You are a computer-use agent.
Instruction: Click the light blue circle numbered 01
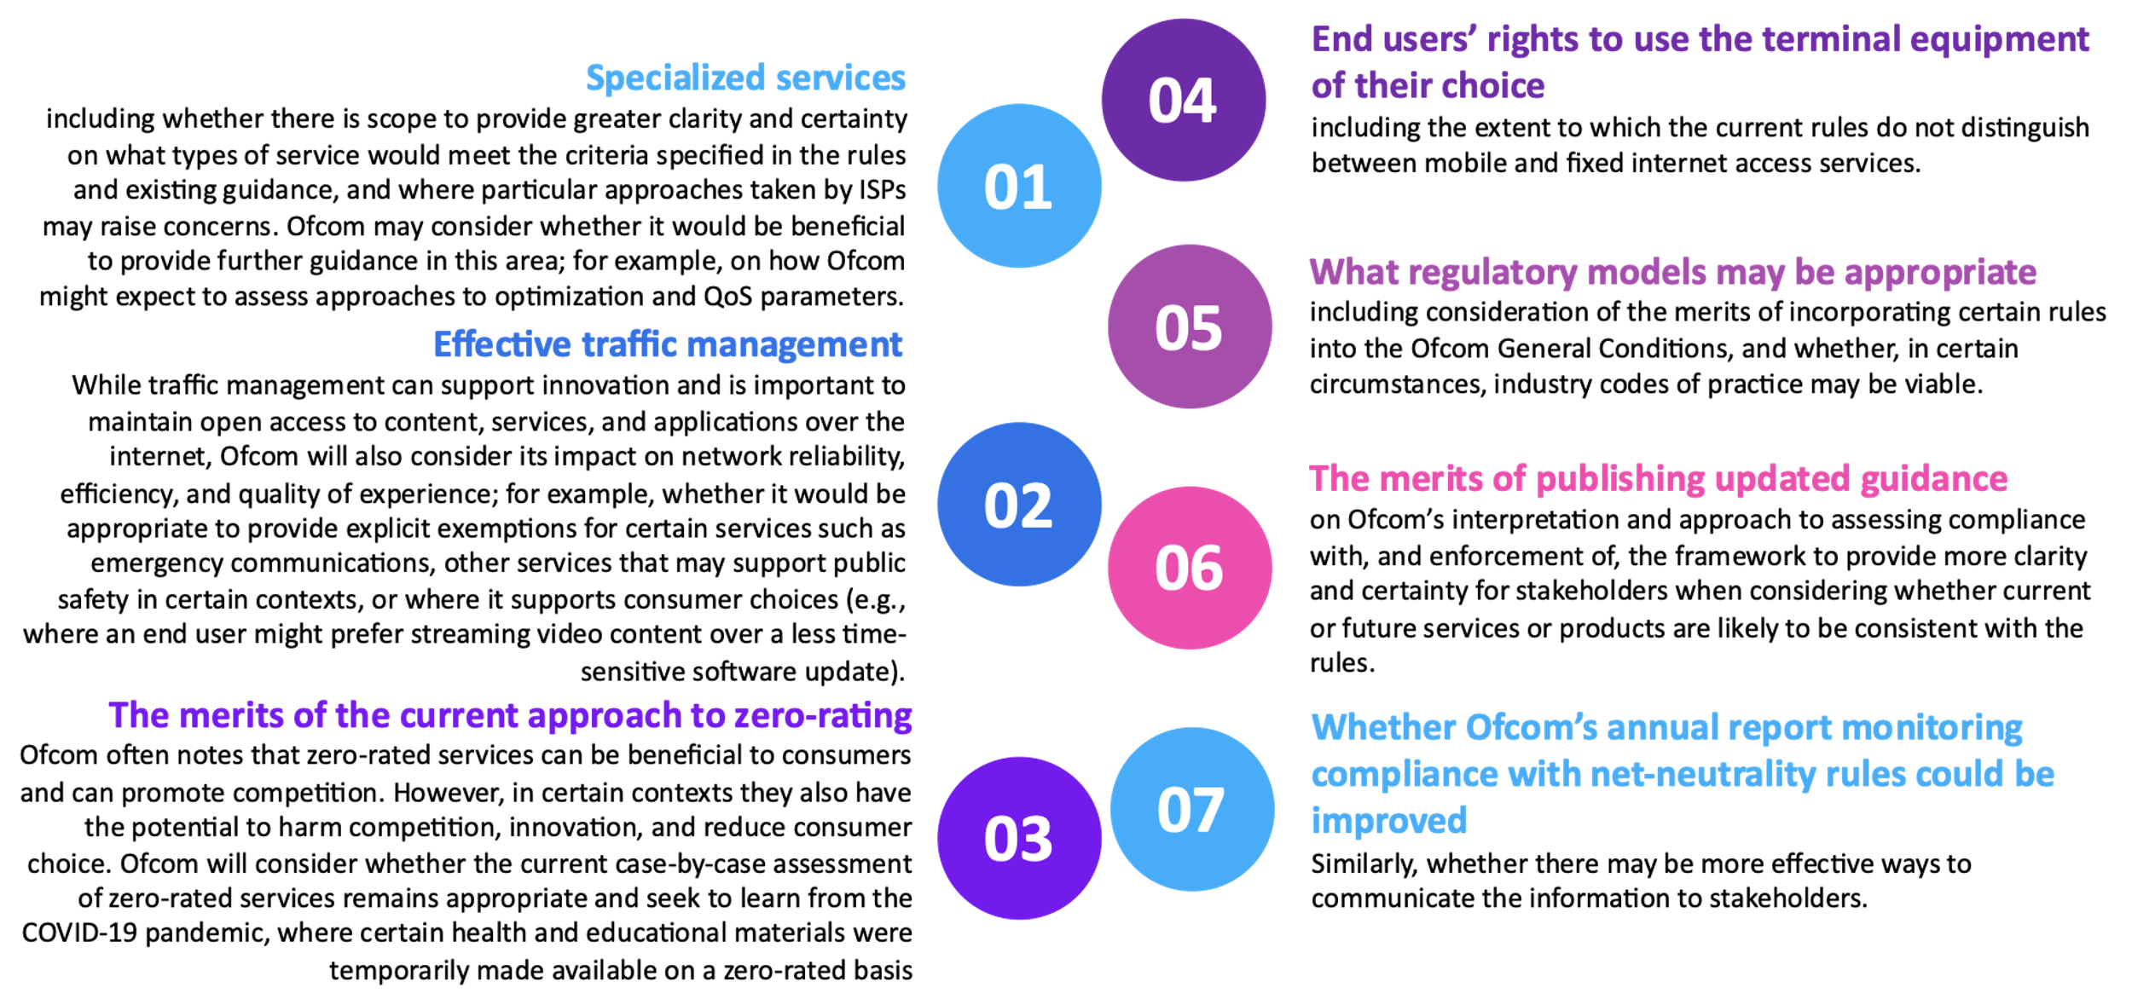pyautogui.click(x=1019, y=186)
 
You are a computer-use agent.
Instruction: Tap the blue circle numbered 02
pyautogui.click(x=1019, y=504)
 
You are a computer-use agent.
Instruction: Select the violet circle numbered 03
pyautogui.click(x=1019, y=838)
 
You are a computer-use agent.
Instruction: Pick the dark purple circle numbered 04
pyautogui.click(x=1183, y=100)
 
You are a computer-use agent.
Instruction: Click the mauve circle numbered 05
pyautogui.click(x=1190, y=326)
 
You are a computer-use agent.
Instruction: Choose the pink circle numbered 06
pyautogui.click(x=1190, y=568)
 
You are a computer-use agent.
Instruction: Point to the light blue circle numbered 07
pyautogui.click(x=1191, y=809)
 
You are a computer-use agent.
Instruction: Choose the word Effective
pyautogui.click(x=502, y=345)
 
